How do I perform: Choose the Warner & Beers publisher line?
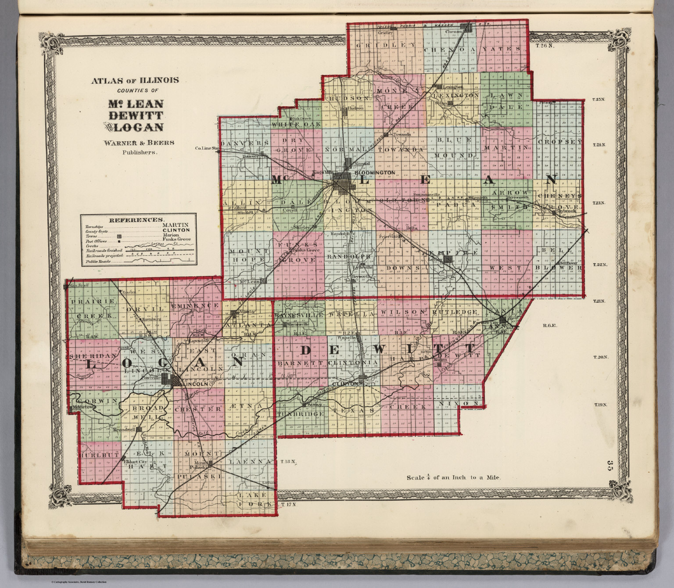139,142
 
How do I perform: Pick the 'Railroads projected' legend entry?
104,255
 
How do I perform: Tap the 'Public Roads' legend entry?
98,262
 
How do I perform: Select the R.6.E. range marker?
549,326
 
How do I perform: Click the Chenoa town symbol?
469,28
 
